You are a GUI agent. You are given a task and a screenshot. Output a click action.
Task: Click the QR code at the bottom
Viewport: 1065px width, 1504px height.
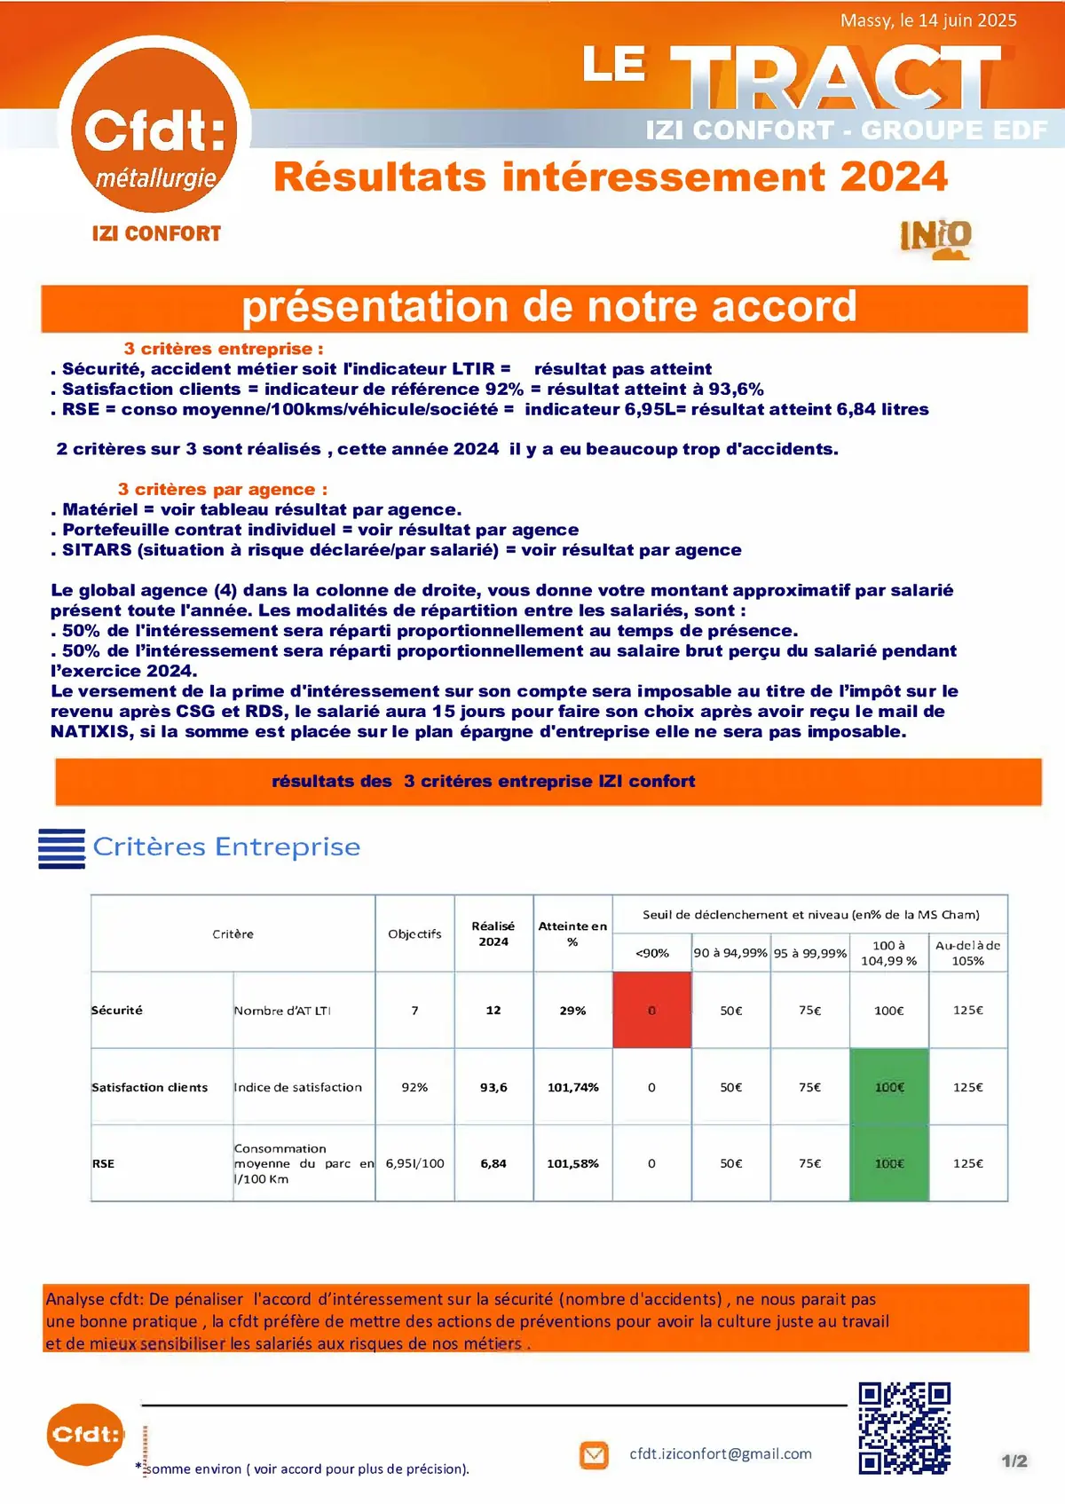904,1428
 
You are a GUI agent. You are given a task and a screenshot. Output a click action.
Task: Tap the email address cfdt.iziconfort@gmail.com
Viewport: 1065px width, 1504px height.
721,1453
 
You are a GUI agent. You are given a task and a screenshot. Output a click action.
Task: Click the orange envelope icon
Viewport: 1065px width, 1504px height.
594,1455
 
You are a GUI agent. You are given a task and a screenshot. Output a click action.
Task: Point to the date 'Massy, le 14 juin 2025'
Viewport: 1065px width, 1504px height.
927,20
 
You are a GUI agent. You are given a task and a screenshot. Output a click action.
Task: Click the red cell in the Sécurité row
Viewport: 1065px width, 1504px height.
651,1010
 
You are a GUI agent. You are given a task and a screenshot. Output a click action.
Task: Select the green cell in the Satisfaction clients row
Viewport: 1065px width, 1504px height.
888,1087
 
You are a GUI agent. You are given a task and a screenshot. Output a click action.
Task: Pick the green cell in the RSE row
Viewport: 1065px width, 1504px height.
888,1163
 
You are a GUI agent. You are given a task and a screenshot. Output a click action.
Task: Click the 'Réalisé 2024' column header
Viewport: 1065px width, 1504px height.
493,933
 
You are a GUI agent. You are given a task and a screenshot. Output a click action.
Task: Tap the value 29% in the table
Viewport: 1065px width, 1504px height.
572,1011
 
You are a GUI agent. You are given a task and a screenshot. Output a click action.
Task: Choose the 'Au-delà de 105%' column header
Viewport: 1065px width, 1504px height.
967,953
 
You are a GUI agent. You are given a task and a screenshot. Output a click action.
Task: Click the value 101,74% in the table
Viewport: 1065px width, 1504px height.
572,1087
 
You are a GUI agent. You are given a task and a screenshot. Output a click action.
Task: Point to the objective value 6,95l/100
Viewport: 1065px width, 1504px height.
414,1163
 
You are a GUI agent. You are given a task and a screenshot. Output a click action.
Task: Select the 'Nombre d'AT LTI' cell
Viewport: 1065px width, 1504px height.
282,1011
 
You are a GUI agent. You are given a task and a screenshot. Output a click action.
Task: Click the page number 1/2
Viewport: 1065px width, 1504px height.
1014,1461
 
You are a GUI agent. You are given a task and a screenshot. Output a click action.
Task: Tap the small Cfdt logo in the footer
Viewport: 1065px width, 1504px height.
85,1434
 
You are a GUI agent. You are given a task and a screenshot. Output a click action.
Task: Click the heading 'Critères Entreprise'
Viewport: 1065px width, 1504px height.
226,847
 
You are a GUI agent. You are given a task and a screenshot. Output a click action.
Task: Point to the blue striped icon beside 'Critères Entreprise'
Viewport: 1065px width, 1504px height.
61,848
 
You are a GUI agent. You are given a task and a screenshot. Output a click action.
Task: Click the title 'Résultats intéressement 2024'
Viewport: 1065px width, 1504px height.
611,177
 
